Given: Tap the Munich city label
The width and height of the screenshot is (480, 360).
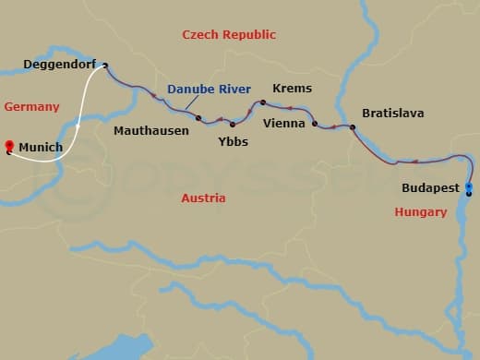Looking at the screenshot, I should [x=41, y=147].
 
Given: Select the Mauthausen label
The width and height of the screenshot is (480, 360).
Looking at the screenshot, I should [x=151, y=131].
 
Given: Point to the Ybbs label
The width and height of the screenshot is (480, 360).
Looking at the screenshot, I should [x=233, y=142].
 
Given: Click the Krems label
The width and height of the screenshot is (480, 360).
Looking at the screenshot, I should [x=293, y=89].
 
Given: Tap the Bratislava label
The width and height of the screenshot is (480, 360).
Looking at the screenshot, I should [x=393, y=113].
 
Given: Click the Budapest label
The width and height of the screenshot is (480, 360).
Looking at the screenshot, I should [x=431, y=187].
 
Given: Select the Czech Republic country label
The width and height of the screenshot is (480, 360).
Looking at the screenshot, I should [x=229, y=34].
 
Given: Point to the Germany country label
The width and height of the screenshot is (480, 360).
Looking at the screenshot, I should [x=31, y=107].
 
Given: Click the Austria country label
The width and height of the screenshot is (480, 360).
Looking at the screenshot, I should [x=203, y=198].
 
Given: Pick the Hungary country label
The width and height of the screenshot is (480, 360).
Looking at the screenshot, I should [x=421, y=212].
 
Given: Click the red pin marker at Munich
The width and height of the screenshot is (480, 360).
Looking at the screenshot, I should [x=9, y=146].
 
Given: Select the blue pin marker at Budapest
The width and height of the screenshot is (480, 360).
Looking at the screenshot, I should [x=469, y=188].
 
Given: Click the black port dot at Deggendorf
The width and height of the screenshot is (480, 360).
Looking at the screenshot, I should [x=105, y=65].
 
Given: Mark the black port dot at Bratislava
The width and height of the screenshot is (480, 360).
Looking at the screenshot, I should [x=352, y=126].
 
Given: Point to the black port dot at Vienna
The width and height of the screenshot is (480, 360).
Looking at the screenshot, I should [x=315, y=124].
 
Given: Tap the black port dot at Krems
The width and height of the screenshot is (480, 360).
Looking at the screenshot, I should [x=263, y=102].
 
